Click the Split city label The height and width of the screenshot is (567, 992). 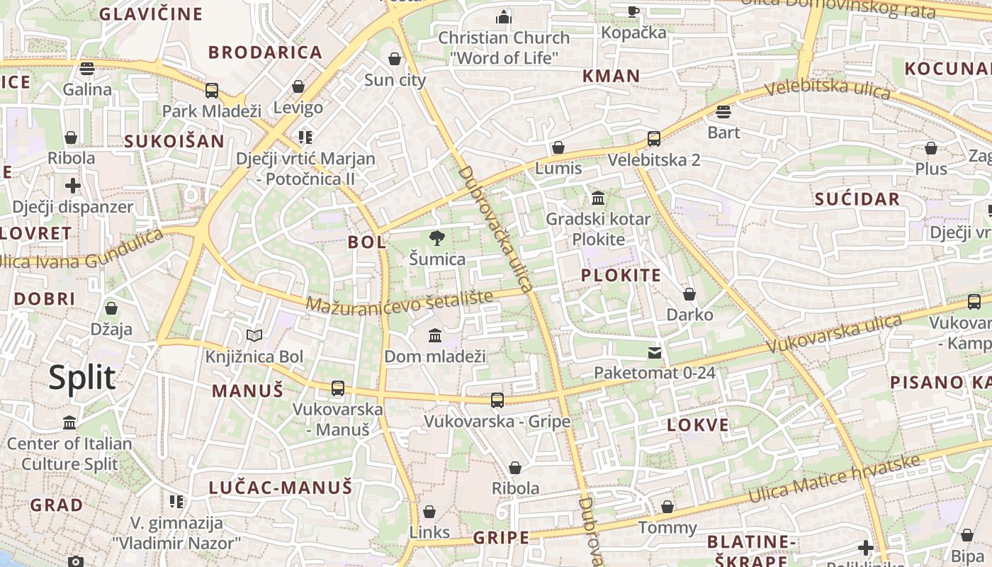82,378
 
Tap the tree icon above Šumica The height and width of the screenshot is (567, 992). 437,238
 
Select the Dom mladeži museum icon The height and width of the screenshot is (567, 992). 435,335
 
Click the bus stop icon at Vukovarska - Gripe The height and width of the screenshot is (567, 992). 497,400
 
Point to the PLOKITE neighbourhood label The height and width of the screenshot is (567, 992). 621,275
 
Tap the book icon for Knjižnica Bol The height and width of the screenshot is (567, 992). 254,335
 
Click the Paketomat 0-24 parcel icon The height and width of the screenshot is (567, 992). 655,352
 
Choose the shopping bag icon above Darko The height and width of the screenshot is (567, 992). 689,294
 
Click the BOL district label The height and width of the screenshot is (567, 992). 367,242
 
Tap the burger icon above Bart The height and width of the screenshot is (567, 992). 723,112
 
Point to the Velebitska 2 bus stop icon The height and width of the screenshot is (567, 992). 654,139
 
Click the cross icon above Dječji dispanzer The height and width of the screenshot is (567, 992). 73,186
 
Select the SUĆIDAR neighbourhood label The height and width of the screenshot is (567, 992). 857,199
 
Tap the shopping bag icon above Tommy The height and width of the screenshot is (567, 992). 667,507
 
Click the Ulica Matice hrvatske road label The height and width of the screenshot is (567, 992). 835,479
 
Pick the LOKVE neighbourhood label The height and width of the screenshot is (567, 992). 697,425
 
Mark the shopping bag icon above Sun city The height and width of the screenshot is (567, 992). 395,59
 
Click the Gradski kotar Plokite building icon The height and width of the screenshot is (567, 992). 597,198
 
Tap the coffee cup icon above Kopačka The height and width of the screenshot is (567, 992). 633,11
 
